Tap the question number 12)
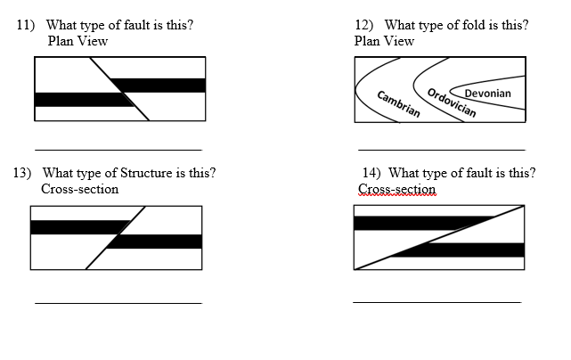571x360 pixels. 365,25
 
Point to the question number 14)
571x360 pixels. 371,173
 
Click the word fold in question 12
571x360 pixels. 469,25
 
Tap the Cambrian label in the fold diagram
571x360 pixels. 398,104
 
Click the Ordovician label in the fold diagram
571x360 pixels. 451,103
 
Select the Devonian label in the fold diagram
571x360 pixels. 487,94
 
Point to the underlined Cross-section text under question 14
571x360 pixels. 396,189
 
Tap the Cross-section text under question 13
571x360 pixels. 79,189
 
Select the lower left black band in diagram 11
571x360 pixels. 80,100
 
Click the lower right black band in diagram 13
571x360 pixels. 156,241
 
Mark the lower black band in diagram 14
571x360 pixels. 463,250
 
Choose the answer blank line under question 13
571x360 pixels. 118,303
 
